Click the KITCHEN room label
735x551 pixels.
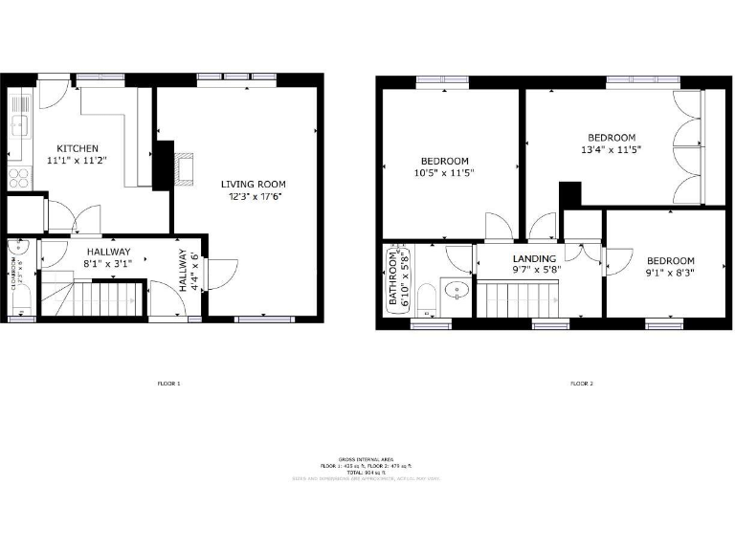(78, 155)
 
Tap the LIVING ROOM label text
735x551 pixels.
(253, 189)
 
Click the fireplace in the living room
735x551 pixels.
(182, 166)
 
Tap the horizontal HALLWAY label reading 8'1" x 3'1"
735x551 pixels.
(107, 258)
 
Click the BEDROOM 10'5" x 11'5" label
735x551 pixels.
(445, 166)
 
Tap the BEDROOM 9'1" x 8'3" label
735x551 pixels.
(669, 267)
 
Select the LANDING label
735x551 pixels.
(534, 264)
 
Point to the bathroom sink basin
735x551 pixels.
(457, 288)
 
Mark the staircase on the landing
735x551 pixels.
(517, 299)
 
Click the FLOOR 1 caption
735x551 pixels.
(168, 384)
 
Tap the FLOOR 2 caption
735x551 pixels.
(582, 384)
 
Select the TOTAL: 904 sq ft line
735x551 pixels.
(367, 472)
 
